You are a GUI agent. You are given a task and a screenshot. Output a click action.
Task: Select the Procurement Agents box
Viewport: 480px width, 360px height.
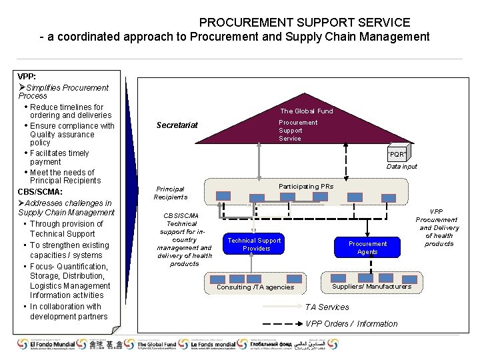tap(367, 248)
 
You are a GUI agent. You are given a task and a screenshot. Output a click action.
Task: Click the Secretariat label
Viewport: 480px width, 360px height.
tap(177, 125)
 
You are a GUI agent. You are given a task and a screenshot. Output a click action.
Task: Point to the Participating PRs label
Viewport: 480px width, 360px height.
tap(305, 187)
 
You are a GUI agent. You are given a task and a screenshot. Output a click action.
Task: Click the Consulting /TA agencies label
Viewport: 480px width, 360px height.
tap(255, 287)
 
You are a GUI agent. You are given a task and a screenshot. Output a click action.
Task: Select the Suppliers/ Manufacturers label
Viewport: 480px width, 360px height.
tap(371, 287)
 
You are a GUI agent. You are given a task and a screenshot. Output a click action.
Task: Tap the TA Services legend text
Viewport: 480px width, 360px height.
tap(327, 307)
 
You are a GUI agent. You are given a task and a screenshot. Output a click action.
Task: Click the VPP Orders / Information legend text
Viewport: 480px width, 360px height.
tap(351, 324)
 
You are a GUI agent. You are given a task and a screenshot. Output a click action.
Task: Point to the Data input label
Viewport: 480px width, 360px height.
tap(401, 167)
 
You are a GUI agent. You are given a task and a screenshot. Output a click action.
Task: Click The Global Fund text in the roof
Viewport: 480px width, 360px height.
tap(306, 111)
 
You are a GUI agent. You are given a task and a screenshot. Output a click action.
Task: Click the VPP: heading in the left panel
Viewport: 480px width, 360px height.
tap(27, 77)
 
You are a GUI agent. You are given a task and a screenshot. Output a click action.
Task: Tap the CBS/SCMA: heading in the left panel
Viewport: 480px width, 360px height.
tap(40, 192)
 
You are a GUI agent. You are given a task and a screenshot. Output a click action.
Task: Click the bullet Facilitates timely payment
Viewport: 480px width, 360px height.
tap(59, 157)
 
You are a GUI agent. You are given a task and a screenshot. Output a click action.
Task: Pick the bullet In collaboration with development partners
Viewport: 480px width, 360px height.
tap(65, 311)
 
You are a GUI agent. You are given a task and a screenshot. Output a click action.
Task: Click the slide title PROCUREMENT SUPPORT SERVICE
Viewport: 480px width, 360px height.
tap(304, 23)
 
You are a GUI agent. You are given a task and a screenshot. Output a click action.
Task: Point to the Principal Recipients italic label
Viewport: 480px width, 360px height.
tap(170, 193)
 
